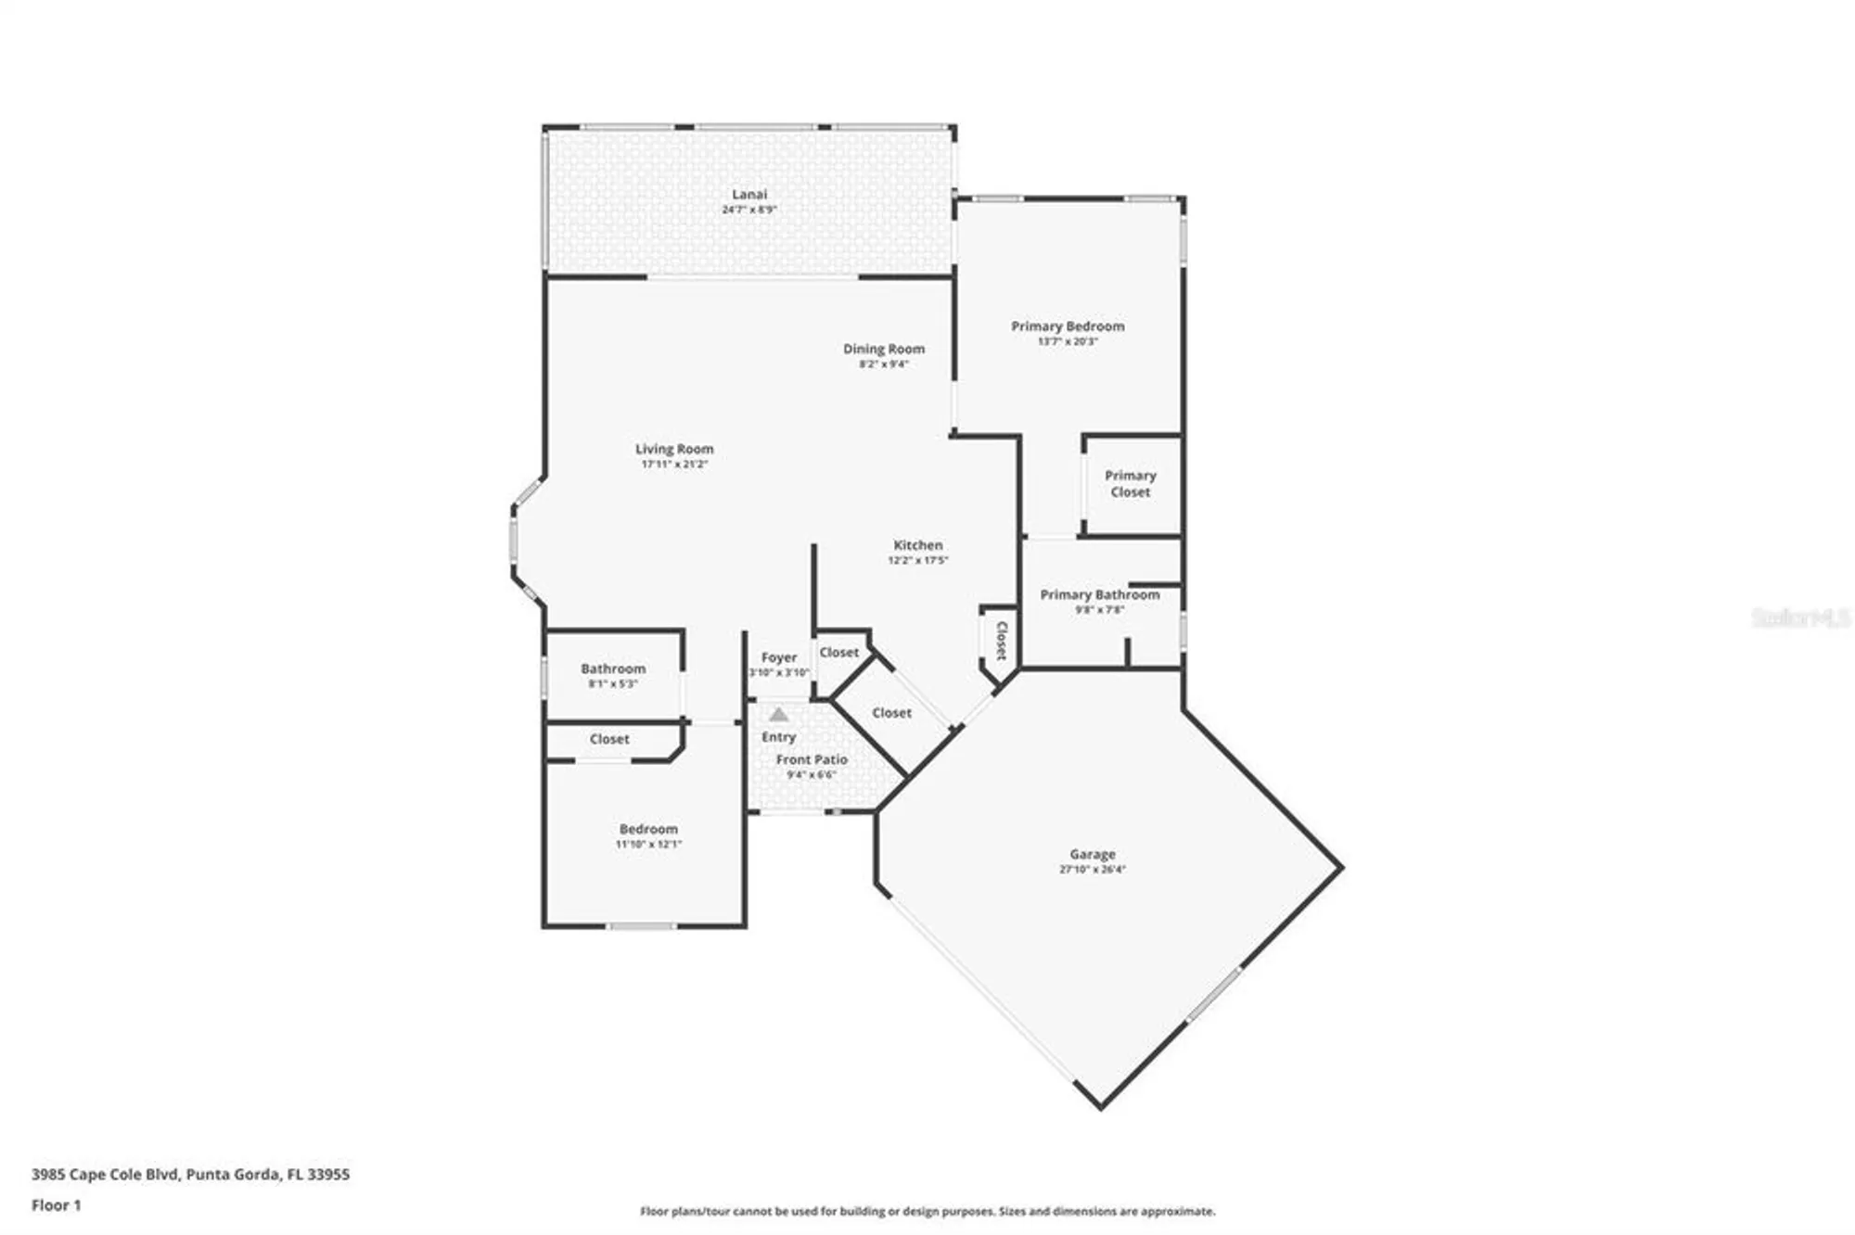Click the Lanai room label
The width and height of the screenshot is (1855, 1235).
click(x=749, y=195)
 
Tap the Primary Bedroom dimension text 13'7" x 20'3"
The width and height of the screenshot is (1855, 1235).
click(x=1068, y=342)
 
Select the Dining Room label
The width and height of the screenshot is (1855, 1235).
click(x=883, y=350)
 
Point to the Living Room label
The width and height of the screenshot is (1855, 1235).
click(x=674, y=449)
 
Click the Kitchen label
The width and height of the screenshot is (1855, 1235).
click(x=917, y=545)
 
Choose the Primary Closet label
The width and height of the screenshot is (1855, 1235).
click(x=1130, y=484)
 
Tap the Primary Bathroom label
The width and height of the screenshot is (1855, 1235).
click(x=1099, y=595)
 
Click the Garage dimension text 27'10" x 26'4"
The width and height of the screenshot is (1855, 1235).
click(x=1092, y=870)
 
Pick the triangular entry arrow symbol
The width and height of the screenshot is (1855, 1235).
click(x=779, y=715)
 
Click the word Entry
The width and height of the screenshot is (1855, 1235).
click(x=778, y=737)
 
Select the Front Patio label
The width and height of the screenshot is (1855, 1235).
click(x=812, y=759)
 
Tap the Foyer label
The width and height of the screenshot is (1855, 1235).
click(x=779, y=657)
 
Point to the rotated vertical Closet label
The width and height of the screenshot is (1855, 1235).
click(x=1002, y=640)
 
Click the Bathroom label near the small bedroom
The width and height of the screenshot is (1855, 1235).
click(x=613, y=668)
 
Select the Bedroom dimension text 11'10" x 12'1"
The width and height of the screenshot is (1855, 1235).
click(x=648, y=845)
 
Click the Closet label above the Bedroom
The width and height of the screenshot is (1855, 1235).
click(x=609, y=739)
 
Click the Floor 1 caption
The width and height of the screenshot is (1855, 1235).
click(x=56, y=1205)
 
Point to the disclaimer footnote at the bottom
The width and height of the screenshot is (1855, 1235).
click(x=927, y=1211)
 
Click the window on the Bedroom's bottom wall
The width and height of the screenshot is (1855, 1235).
click(x=642, y=925)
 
